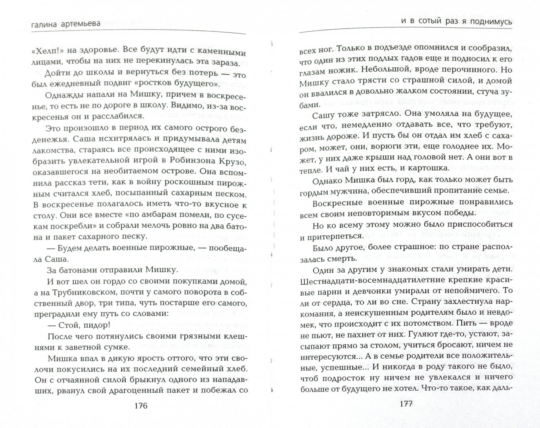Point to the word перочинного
click(460, 70)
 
